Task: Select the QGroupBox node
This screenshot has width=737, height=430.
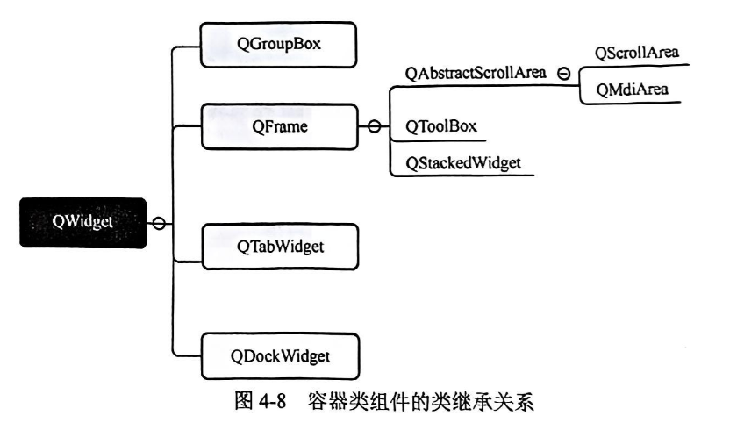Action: click(x=279, y=44)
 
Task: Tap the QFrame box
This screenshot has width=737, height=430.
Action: click(x=279, y=127)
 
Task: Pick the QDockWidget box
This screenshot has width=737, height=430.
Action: click(x=279, y=356)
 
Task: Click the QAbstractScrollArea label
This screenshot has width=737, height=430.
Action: click(x=476, y=73)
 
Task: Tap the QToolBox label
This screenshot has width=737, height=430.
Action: click(x=440, y=126)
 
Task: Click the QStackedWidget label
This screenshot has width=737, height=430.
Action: click(x=462, y=163)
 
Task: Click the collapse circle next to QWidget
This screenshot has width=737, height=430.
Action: click(x=159, y=223)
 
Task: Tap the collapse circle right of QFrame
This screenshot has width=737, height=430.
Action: click(x=374, y=127)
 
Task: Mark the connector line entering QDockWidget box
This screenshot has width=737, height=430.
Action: click(x=189, y=355)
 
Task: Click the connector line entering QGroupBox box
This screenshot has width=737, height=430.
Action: click(x=189, y=45)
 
